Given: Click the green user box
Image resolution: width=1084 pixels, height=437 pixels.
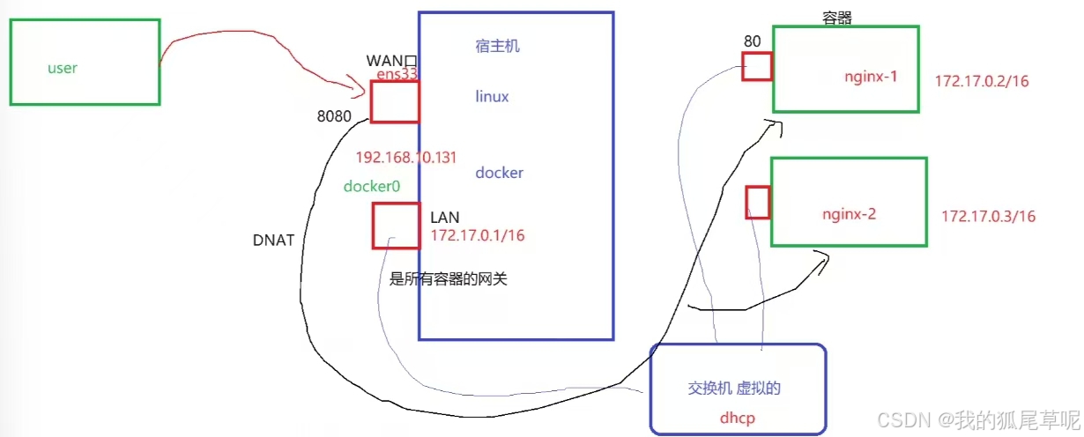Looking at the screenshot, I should tap(85, 62).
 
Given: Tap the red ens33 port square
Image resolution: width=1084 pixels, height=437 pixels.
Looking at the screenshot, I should tap(394, 101).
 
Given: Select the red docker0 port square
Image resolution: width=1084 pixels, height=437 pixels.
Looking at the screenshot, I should tap(395, 226).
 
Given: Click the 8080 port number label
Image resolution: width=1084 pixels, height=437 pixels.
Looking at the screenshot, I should tap(335, 116).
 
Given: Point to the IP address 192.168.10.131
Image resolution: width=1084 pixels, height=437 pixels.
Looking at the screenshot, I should tap(405, 157).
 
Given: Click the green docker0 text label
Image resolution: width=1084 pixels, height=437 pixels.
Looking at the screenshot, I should tap(371, 186).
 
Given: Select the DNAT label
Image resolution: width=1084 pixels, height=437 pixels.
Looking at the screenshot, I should tap(273, 240).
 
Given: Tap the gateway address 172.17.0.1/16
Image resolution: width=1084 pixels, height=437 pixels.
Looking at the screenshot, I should tap(478, 235).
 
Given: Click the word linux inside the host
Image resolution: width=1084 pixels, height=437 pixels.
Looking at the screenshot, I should tap(492, 96).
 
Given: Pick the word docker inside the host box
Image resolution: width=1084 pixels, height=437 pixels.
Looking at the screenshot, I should tap(499, 173).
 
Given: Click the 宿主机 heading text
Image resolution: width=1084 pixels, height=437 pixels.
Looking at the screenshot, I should tap(497, 45).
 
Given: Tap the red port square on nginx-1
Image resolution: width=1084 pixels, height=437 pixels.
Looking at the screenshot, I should tap(756, 66).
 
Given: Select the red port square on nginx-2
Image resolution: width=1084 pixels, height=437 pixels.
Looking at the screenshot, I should tap(758, 202).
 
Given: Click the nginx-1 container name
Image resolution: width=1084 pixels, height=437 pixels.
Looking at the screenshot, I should tap(870, 77).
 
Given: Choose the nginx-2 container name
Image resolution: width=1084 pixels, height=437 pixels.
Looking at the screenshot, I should tap(849, 213).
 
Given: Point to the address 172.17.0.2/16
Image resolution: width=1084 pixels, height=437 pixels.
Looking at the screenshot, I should tap(982, 81).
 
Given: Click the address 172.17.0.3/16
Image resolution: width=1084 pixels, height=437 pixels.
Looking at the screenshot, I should tap(988, 216).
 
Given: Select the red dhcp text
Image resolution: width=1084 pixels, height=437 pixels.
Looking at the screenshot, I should tap(737, 419).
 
